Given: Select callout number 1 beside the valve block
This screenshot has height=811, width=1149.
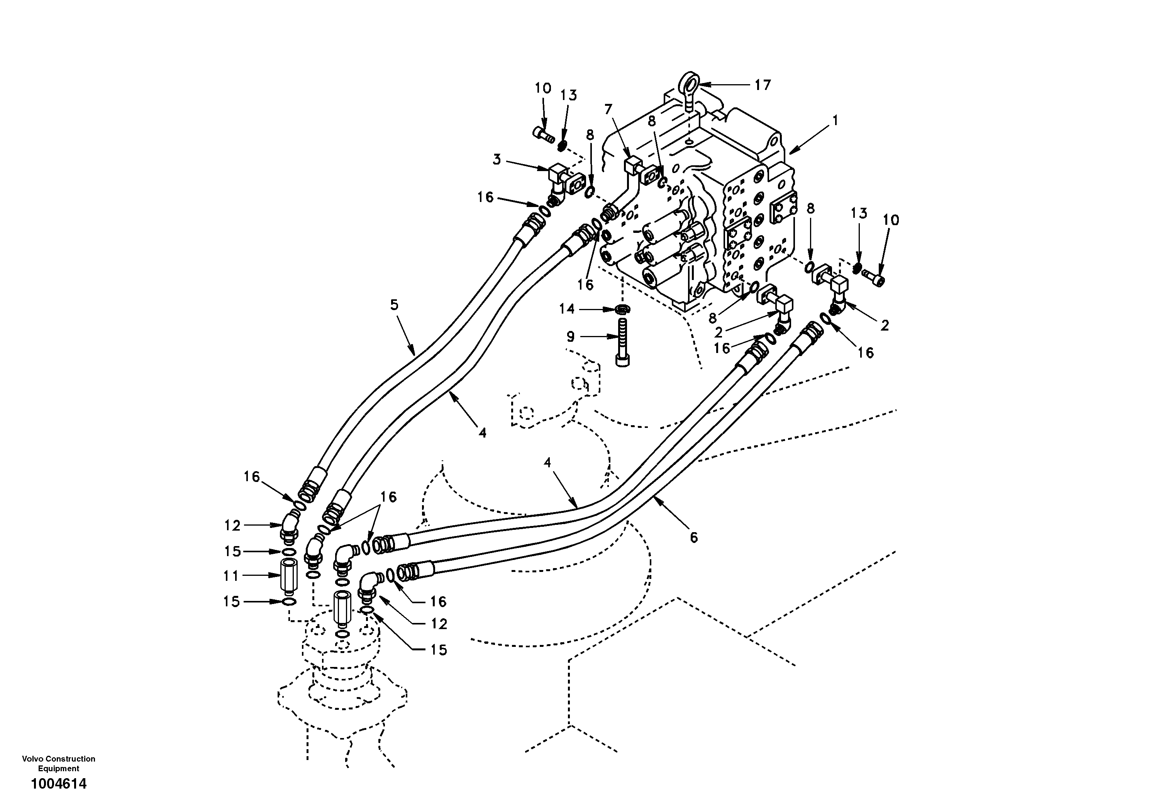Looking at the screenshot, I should click(835, 120).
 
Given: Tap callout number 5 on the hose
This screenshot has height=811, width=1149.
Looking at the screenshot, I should click(394, 305).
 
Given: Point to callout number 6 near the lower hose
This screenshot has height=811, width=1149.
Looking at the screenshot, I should click(693, 538).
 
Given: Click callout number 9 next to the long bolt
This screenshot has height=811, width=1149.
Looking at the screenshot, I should click(571, 337).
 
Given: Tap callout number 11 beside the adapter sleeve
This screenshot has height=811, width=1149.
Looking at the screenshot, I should click(231, 576).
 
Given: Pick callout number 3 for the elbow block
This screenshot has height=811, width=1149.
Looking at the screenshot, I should click(497, 160).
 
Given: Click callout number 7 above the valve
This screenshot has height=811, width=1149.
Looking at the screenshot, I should click(608, 109).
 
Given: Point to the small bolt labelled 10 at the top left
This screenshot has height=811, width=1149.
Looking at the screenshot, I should click(542, 134).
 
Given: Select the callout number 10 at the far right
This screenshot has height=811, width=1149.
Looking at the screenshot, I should click(891, 220).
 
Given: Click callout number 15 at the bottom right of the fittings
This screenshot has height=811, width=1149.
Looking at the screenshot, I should click(438, 650).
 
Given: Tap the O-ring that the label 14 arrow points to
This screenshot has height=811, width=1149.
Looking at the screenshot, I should click(622, 310).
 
